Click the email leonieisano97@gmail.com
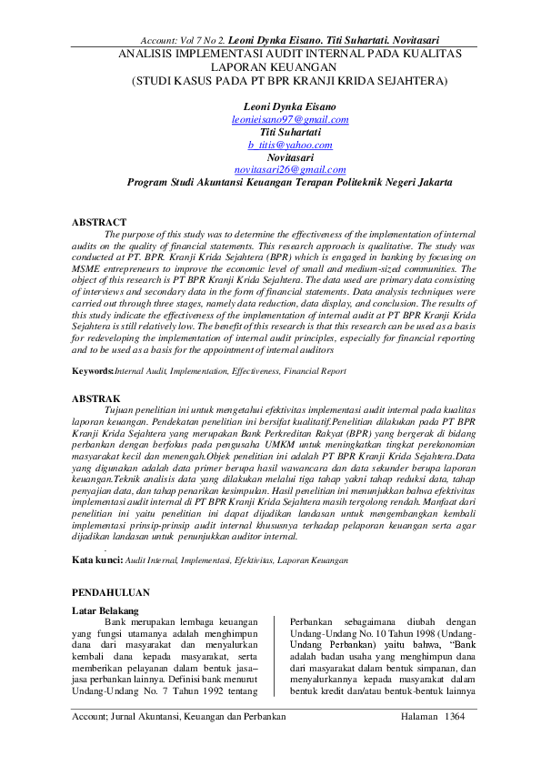pos(290,119)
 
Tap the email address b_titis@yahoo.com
pos(290,145)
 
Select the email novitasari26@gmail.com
pos(290,169)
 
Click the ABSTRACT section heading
pos(99,222)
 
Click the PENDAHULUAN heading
pos(111,591)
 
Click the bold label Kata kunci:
pos(96,561)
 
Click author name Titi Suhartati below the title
pos(290,132)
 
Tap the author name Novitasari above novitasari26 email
pos(290,156)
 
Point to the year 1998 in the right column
pos(416,633)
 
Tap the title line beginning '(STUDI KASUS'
pos(290,80)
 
